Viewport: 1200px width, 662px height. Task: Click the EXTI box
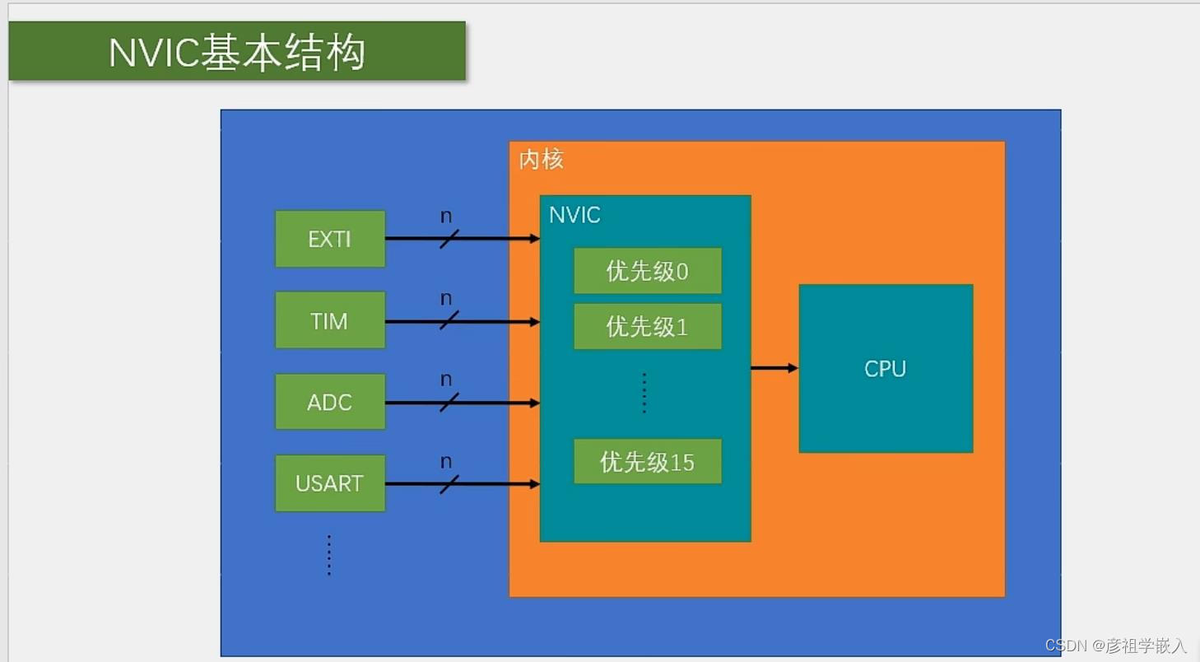[330, 239]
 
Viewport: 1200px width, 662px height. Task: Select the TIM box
[330, 320]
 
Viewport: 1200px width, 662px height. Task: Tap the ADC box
[330, 402]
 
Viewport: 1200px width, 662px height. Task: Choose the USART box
[330, 483]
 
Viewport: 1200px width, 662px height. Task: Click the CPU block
[886, 368]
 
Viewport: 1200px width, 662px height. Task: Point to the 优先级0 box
[647, 271]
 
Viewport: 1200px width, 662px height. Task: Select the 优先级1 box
[647, 327]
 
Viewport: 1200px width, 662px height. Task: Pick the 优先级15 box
[647, 462]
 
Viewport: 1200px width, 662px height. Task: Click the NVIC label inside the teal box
[574, 216]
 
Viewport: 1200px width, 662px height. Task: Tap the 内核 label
[541, 160]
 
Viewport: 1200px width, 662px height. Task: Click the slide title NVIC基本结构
[237, 53]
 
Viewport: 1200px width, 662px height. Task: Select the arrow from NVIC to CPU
[774, 368]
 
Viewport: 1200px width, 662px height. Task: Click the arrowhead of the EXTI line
[534, 239]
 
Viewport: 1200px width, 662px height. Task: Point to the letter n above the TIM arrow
[446, 298]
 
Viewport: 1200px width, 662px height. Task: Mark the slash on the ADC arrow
[449, 403]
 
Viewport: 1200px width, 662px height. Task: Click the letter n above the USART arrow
[446, 461]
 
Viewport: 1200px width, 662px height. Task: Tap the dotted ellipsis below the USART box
[329, 555]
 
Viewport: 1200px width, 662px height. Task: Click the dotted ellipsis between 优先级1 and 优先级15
[644, 393]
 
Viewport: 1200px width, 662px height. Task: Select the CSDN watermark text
[1115, 646]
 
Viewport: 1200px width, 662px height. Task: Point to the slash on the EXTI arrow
[449, 239]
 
